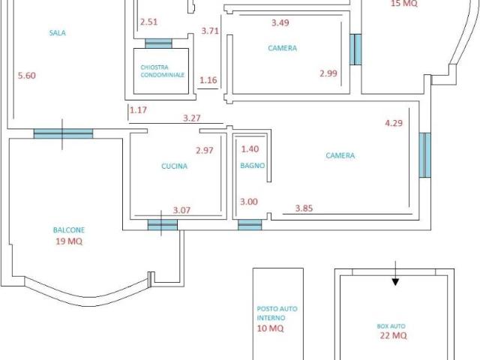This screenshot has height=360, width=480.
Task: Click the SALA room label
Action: (x=58, y=33)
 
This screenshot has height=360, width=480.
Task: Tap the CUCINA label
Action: (x=174, y=166)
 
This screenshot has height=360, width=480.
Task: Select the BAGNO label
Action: (x=252, y=166)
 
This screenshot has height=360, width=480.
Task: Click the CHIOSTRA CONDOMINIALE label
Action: (x=162, y=71)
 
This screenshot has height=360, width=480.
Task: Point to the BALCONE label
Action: (x=69, y=230)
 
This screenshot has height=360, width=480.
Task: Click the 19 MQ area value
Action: (x=69, y=241)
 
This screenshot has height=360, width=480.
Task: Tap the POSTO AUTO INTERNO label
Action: (x=277, y=313)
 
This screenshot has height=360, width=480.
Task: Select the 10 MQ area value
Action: (x=270, y=328)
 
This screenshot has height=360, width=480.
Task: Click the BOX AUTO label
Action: (x=391, y=326)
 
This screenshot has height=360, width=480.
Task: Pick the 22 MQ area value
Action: (x=393, y=335)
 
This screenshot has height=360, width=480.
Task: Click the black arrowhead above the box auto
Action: (x=395, y=282)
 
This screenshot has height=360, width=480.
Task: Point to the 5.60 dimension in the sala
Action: (x=27, y=75)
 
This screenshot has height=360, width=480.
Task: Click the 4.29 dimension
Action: (x=394, y=123)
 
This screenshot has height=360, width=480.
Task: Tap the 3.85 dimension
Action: (x=304, y=208)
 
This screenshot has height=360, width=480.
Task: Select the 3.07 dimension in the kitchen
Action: (x=181, y=210)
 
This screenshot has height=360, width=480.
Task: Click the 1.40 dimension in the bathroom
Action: (x=250, y=149)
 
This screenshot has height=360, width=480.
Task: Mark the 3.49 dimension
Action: (x=280, y=22)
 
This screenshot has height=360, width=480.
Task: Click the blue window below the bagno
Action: (x=250, y=225)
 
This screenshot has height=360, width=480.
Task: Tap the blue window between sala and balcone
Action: (x=63, y=133)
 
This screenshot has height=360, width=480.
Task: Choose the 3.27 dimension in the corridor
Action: (x=192, y=118)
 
